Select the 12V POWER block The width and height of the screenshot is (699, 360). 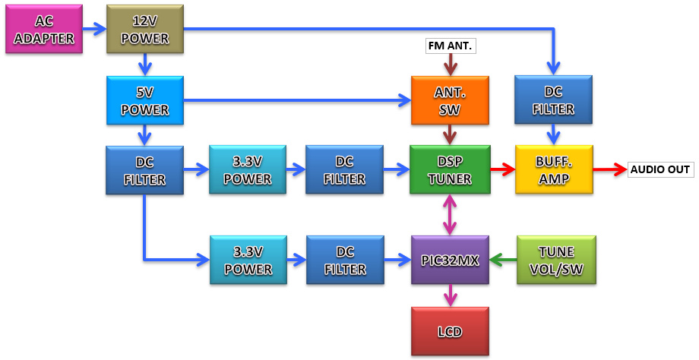click(145, 29)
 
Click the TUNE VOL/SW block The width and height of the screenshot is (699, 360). click(555, 260)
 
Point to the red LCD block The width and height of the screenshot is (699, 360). click(449, 331)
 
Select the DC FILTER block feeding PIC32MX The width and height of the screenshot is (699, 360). click(345, 260)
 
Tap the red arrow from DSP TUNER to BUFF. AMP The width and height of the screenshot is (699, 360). click(501, 169)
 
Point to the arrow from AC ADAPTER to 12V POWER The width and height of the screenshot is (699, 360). click(93, 29)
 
